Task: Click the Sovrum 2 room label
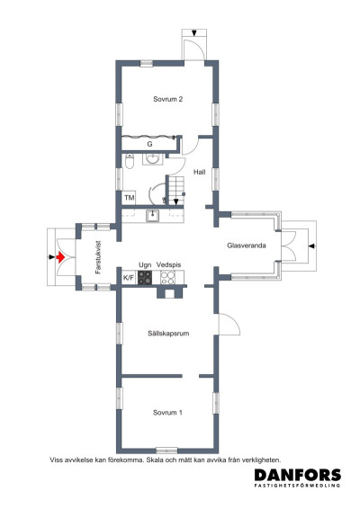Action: [168, 99]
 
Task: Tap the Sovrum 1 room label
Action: [167, 413]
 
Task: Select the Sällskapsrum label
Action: [168, 334]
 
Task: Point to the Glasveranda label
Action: [247, 246]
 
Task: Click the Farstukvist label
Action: [98, 257]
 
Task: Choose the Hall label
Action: [200, 172]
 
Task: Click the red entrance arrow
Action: [60, 257]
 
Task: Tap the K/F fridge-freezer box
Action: [129, 278]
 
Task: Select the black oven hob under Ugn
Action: [145, 278]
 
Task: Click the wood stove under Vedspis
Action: [168, 278]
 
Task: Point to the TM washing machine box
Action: [130, 197]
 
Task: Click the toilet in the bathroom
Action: [130, 161]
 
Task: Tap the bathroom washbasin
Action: [152, 159]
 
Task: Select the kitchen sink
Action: [152, 216]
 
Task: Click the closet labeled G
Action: [149, 144]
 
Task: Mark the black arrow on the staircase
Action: [175, 202]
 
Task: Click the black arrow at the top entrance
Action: [194, 32]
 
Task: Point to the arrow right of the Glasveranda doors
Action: [311, 246]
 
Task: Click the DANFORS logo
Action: [298, 478]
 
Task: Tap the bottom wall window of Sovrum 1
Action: [166, 451]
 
